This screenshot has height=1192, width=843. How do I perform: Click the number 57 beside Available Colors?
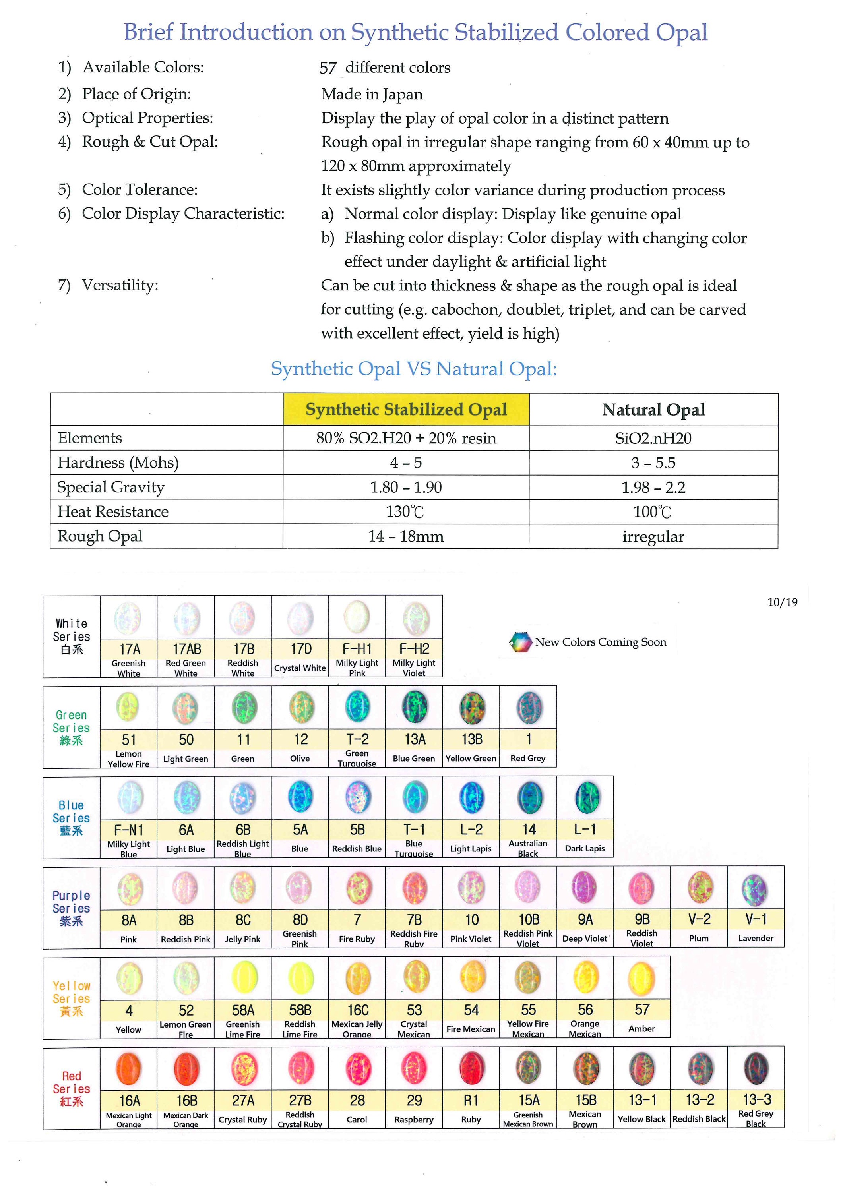click(328, 68)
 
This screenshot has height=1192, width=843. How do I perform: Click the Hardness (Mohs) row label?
click(118, 462)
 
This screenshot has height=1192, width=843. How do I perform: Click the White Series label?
click(71, 636)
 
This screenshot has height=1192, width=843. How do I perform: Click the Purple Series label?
click(71, 908)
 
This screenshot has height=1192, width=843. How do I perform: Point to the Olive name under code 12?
click(300, 759)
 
